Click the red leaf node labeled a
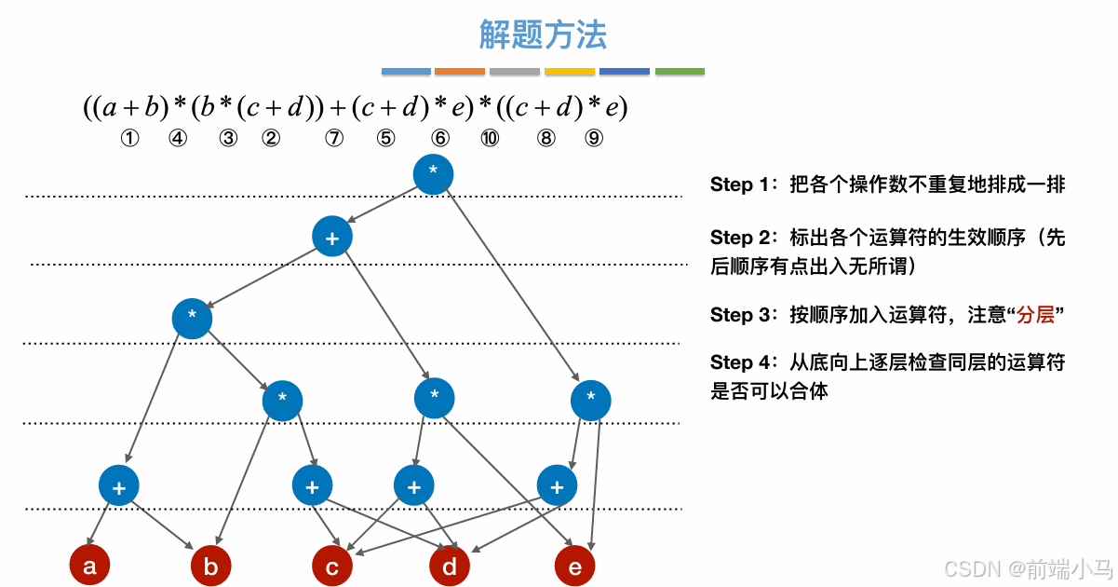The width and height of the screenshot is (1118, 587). point(89,566)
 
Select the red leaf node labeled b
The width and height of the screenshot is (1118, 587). point(210,567)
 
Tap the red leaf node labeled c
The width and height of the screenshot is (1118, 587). point(331,567)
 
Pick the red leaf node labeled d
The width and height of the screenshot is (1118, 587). point(450,567)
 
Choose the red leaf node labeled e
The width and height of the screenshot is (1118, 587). point(574,567)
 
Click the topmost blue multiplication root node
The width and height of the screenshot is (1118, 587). point(433,174)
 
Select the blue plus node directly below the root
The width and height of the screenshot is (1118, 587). point(332,238)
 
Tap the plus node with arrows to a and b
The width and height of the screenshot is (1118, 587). point(119,485)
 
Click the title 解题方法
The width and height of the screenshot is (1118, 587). point(543,35)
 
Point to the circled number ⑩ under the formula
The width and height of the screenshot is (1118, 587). point(490,139)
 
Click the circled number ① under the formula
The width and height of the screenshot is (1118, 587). point(129,139)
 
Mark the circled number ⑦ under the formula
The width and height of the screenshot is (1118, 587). point(334,139)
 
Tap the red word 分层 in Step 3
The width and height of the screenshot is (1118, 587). point(1035,315)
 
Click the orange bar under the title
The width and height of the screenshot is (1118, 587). point(460,71)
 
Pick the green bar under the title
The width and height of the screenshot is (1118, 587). point(680,71)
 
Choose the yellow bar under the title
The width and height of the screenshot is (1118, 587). point(570,71)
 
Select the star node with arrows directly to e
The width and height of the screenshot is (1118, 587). point(591,401)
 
